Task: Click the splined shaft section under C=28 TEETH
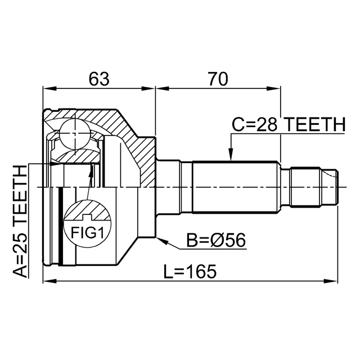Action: point(236,186)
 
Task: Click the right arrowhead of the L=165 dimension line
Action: point(336,281)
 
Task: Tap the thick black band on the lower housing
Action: point(58,225)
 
